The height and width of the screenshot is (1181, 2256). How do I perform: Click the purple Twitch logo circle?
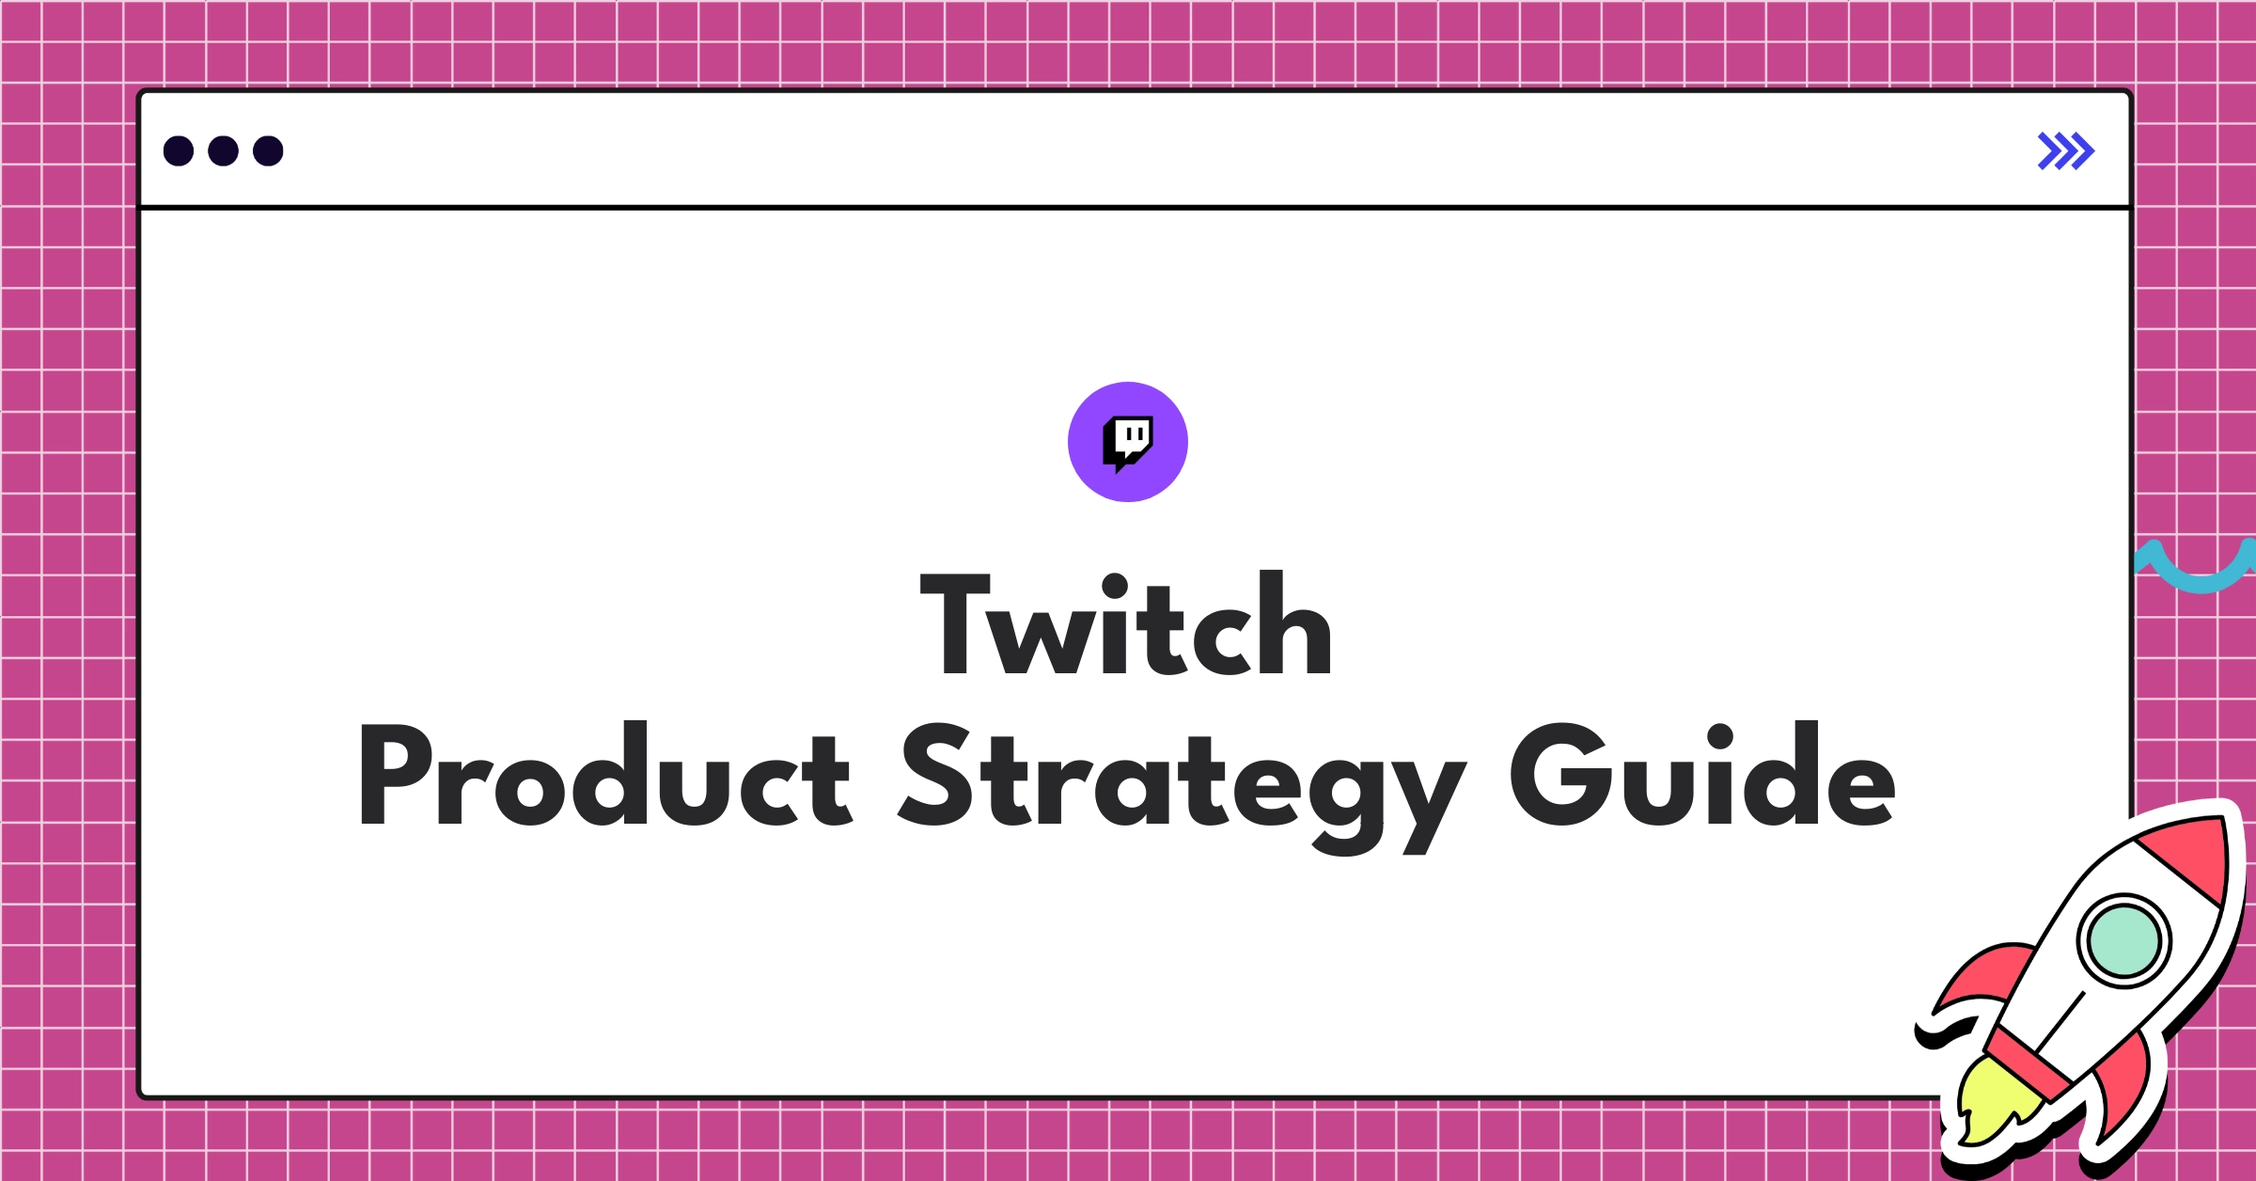coord(1127,442)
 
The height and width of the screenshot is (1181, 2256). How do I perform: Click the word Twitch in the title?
coord(1126,624)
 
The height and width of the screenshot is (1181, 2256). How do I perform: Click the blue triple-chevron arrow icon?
coord(2065,151)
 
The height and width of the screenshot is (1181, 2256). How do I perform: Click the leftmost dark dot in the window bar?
coord(179,150)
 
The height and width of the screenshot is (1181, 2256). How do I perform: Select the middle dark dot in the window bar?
coord(223,150)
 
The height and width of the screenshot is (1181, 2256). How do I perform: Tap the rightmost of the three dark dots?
coord(268,150)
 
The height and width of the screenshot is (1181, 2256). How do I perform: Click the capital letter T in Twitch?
coord(955,624)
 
